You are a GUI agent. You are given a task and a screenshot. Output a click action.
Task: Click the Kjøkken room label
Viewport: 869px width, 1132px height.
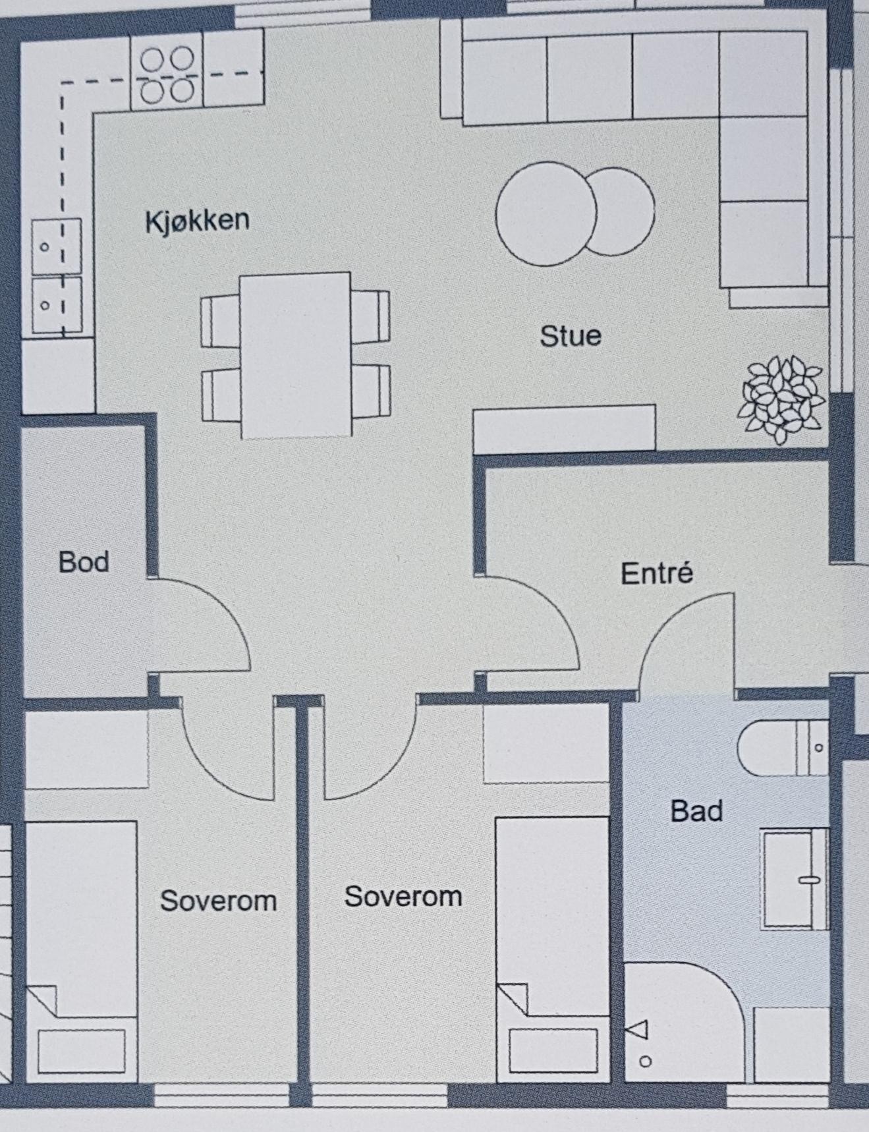(x=197, y=221)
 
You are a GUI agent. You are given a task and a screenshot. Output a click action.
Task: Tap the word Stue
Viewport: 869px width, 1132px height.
(x=571, y=336)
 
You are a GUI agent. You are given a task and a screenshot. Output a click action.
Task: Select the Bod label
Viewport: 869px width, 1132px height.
(x=84, y=562)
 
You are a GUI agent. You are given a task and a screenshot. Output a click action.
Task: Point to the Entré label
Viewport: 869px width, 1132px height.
(x=657, y=573)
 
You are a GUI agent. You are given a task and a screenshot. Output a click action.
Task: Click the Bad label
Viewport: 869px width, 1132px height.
(x=696, y=811)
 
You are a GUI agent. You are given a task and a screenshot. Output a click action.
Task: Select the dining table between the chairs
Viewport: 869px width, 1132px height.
(x=295, y=356)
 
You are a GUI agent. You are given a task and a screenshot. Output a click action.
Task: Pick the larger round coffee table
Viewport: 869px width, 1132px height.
(x=546, y=213)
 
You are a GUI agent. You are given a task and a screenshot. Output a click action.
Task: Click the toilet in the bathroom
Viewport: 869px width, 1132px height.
(x=781, y=748)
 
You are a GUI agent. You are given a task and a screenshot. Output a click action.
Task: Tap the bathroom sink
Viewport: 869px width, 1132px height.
(x=794, y=879)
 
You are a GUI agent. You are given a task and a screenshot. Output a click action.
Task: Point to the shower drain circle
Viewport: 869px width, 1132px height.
(x=646, y=1061)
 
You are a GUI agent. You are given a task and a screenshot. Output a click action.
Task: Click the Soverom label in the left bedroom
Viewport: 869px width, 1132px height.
(x=218, y=901)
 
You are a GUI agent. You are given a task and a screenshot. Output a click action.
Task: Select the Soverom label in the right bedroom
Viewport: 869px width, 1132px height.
(x=403, y=897)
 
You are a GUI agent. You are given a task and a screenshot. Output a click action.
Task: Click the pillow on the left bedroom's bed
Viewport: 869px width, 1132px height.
(x=82, y=1052)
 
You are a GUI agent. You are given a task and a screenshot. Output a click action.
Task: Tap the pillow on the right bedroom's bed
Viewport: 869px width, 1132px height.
(x=553, y=1052)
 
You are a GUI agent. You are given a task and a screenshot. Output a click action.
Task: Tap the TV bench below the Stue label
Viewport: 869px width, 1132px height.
(x=564, y=428)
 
